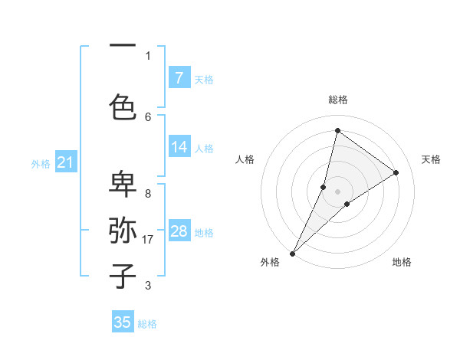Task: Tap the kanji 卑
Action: click(x=122, y=183)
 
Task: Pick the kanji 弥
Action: click(x=122, y=229)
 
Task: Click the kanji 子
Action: click(x=122, y=275)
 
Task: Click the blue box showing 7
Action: click(x=179, y=78)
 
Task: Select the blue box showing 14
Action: click(x=179, y=148)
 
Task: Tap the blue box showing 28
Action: click(x=179, y=231)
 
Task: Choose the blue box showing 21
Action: click(x=65, y=162)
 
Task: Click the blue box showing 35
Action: click(x=123, y=322)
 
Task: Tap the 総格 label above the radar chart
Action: click(x=337, y=100)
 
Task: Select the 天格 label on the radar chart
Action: click(x=431, y=159)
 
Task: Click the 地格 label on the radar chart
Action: click(x=402, y=262)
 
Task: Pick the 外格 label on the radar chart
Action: click(x=270, y=262)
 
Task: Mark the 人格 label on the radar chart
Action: click(x=245, y=159)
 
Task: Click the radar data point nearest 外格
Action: click(x=292, y=253)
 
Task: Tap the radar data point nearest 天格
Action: click(x=396, y=173)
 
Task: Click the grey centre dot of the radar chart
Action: click(x=337, y=191)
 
